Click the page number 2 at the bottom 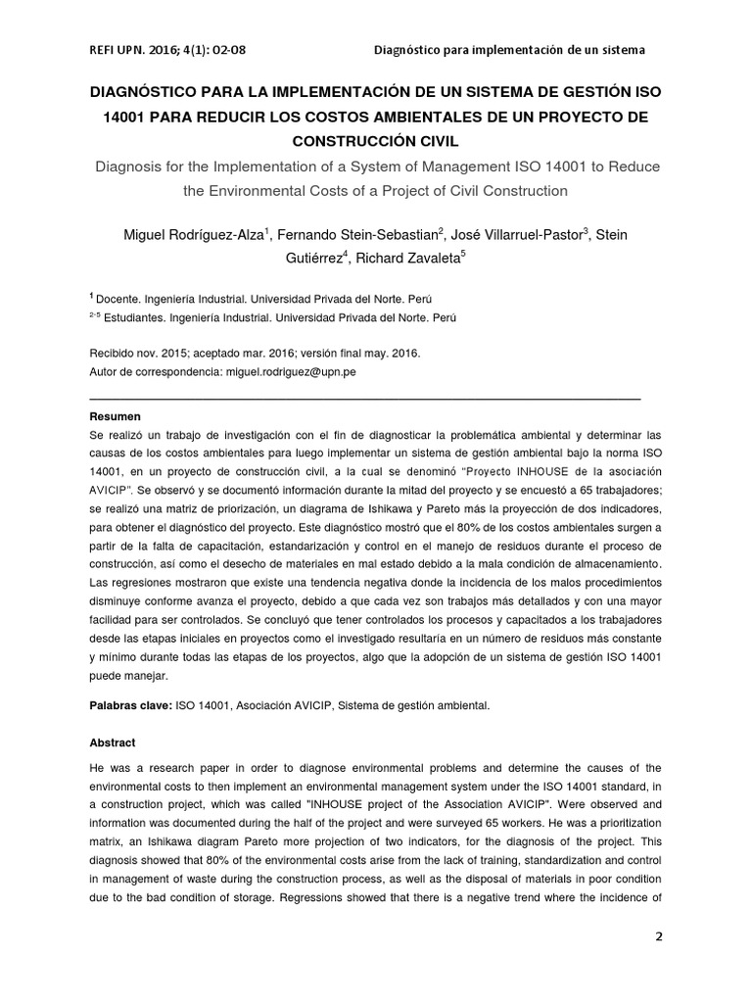point(659,936)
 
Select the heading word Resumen point(115,416)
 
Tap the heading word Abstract point(112,742)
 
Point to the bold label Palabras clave point(129,704)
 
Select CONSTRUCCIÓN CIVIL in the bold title point(376,140)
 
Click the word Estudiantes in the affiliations point(136,317)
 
